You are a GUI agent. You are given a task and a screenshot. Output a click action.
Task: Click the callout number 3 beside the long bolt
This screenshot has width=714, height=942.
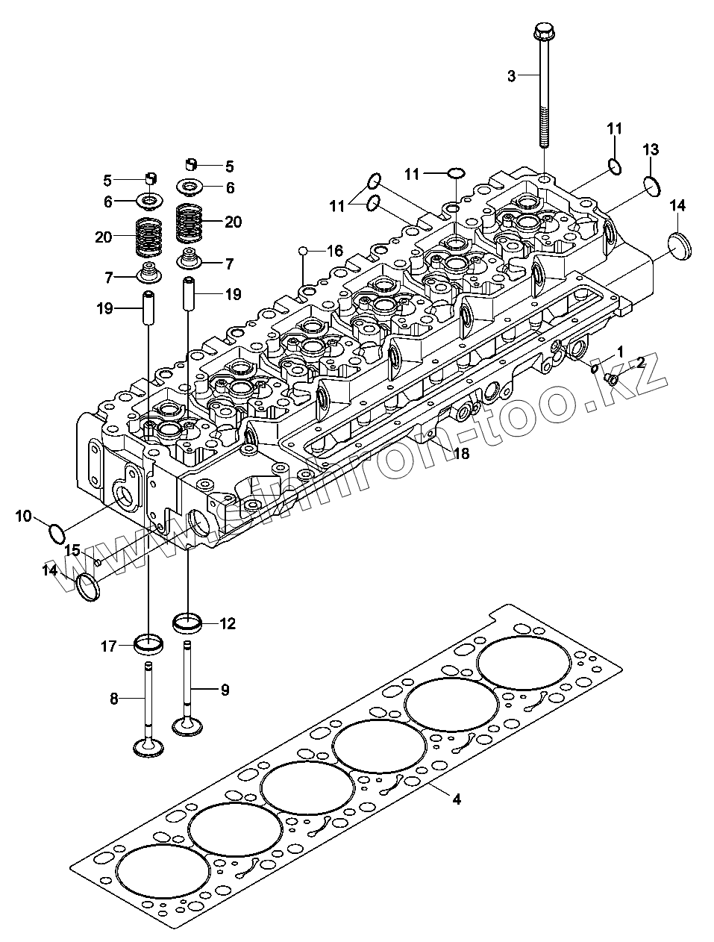511,75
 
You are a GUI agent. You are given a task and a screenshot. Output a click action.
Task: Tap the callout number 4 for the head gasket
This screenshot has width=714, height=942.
457,799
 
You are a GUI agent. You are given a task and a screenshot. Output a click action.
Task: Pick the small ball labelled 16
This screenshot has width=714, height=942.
304,250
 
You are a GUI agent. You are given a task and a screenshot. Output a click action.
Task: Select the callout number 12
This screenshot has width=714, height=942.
227,623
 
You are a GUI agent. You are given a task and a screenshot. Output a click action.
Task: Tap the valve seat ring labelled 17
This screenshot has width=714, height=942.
148,641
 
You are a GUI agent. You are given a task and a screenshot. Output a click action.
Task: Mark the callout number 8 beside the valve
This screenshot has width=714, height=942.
114,699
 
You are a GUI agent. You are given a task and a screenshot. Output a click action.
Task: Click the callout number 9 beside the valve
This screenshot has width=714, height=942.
225,690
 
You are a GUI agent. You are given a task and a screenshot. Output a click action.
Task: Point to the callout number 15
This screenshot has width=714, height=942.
72,551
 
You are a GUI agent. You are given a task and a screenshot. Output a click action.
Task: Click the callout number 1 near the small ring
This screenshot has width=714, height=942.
619,351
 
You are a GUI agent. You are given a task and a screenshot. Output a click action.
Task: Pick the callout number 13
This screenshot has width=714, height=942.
651,149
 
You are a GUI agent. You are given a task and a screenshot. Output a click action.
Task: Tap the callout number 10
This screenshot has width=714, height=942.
23,516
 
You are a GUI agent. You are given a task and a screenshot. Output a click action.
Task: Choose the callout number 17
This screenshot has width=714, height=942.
109,646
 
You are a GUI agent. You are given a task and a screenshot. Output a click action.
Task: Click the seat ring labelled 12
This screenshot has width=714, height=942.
187,621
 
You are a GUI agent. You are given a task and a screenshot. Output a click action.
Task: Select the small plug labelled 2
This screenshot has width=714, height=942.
612,381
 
